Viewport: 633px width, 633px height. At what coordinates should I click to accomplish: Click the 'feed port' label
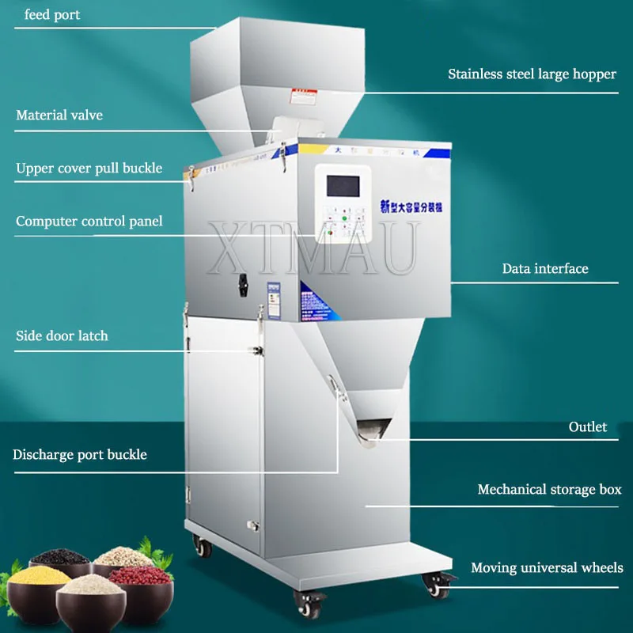pos(52,15)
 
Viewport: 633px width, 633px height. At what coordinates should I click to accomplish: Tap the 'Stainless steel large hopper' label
pos(532,74)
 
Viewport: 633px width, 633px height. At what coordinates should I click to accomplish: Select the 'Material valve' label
pos(59,116)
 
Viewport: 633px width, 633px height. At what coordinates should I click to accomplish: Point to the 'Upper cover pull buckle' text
pos(89,168)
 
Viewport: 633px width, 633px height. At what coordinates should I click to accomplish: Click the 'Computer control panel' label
pos(89,222)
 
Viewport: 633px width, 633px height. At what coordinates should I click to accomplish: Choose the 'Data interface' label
pos(545,269)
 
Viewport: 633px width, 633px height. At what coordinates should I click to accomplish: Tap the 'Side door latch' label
pos(62,336)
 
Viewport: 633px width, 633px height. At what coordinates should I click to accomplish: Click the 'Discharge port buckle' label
pos(80,455)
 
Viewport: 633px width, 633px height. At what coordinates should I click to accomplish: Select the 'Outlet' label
pos(588,427)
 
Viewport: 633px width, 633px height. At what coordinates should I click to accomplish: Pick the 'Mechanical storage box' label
pos(549,490)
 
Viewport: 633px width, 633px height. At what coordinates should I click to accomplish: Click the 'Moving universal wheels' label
pos(547,568)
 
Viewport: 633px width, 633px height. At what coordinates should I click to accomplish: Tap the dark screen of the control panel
pos(342,186)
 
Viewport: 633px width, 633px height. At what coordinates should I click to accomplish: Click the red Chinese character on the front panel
pos(385,207)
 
